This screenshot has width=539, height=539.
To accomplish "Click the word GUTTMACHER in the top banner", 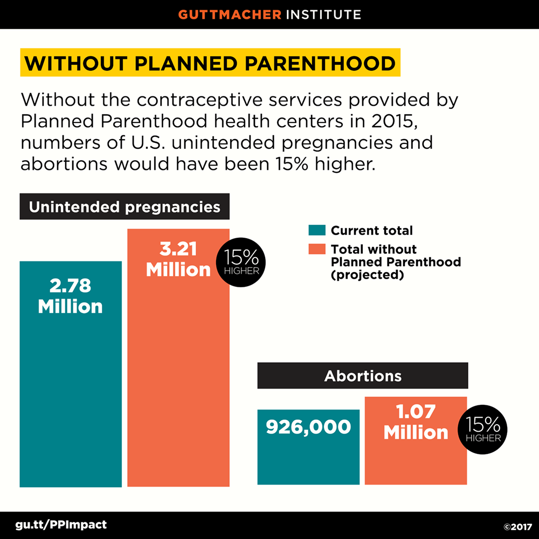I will [230, 14].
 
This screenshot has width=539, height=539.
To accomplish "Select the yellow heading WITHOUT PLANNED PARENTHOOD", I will [210, 63].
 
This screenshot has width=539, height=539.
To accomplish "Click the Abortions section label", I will [363, 376].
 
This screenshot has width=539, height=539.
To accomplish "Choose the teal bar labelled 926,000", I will [308, 458].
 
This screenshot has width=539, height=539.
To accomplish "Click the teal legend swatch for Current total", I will [317, 230].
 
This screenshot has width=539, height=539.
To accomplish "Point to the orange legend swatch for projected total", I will [317, 249].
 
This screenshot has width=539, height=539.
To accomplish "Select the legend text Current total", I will [371, 231].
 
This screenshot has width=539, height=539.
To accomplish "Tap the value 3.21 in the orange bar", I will [178, 250].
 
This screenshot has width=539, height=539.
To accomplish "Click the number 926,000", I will [308, 427].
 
